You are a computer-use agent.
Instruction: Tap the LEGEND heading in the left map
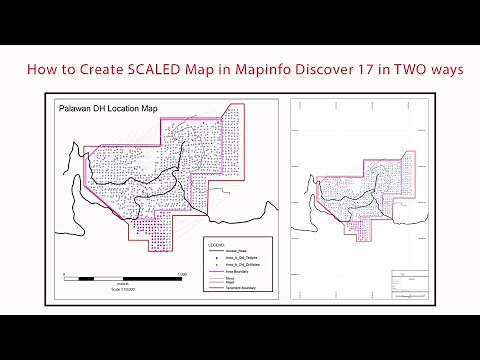[215, 243]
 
